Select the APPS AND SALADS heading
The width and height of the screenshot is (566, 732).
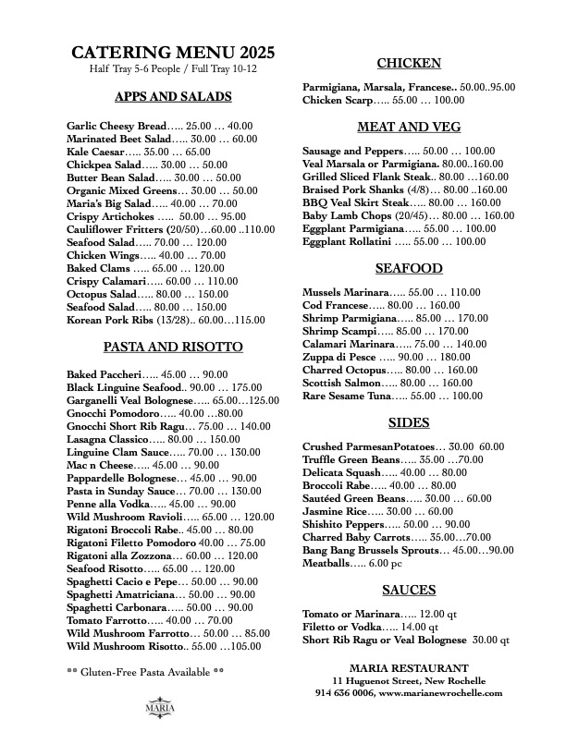(173, 96)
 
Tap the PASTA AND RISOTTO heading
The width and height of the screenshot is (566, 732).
(173, 347)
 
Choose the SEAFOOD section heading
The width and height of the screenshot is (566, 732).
(408, 268)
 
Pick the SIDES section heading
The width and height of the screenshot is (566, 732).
(408, 422)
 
